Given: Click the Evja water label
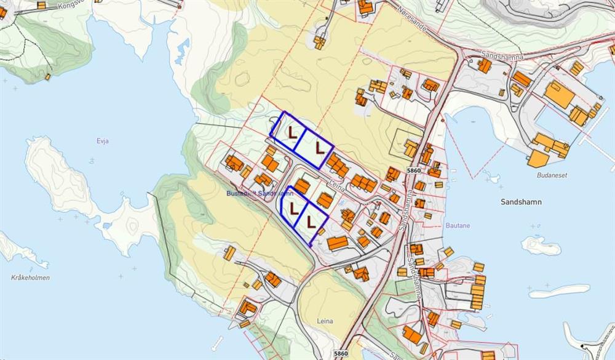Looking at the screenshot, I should pos(103,141).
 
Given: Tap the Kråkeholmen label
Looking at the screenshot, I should pos(30,278).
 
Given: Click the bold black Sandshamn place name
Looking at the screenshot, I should pos(521,201).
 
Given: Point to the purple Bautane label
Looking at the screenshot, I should pos(458,226).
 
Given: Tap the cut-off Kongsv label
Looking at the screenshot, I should pos(68,4).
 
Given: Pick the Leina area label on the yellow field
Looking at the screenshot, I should pos(325,321).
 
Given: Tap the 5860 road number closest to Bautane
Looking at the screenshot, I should pos(413,170).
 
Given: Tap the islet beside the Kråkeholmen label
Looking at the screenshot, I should pos(18,249).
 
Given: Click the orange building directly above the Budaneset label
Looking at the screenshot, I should pos(538,159).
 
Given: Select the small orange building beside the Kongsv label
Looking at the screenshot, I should pos(41,5).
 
